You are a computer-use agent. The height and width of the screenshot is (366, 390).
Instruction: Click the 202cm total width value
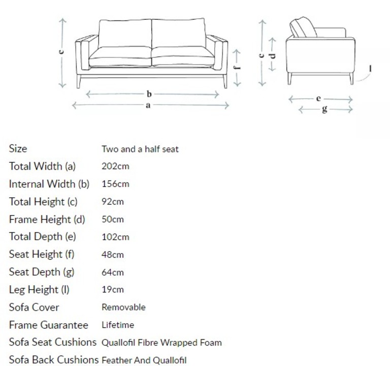(115, 166)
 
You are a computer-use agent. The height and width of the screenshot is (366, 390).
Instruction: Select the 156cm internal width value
(115, 184)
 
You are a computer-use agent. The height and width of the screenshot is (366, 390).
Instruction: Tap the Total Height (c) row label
(43, 202)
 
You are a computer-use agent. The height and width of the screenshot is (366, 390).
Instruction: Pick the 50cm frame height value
(113, 220)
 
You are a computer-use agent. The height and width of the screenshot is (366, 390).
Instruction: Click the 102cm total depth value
(115, 237)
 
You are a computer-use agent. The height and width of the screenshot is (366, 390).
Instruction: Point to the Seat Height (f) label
(42, 254)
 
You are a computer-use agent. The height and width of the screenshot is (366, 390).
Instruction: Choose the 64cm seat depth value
(113, 272)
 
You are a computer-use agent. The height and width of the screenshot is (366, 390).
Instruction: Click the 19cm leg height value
(113, 290)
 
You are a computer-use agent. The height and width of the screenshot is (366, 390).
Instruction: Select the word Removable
(123, 308)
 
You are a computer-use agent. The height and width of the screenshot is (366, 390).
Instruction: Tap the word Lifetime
(118, 325)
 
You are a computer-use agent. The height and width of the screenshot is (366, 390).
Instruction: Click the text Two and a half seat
(140, 149)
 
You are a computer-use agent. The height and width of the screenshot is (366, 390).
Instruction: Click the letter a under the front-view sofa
(148, 106)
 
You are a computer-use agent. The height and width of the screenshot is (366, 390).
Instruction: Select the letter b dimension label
(149, 94)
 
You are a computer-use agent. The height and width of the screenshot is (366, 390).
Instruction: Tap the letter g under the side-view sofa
(324, 109)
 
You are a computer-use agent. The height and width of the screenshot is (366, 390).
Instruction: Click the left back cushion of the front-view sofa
(125, 34)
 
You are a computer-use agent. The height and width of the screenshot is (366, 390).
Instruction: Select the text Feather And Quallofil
(144, 360)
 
